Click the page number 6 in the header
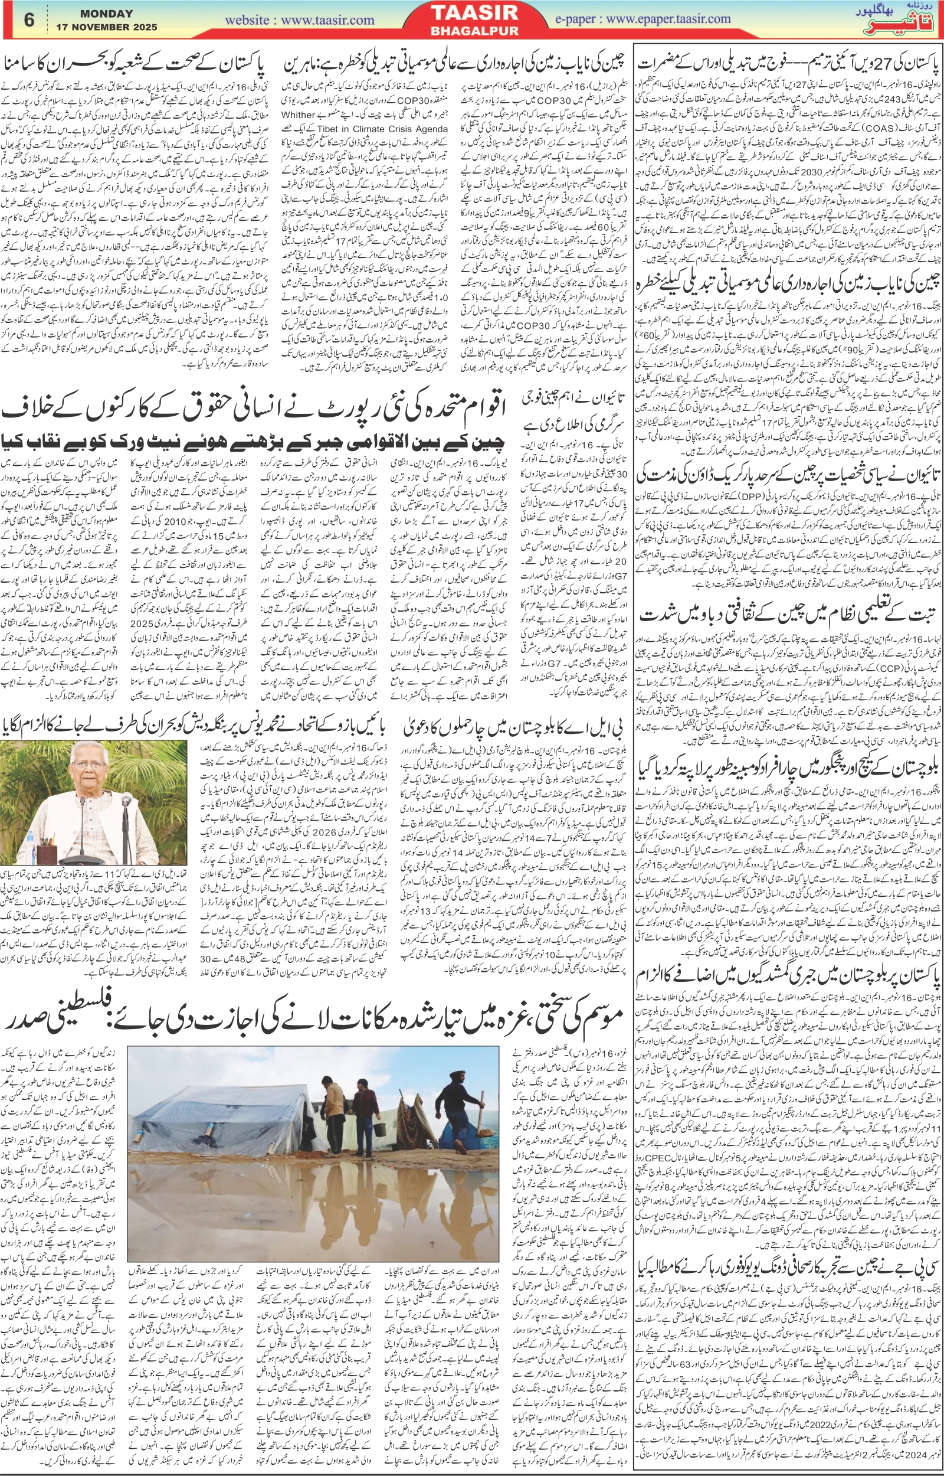(29, 19)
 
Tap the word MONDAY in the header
(107, 14)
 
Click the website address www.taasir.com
(300, 19)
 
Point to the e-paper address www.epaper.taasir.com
(643, 18)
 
